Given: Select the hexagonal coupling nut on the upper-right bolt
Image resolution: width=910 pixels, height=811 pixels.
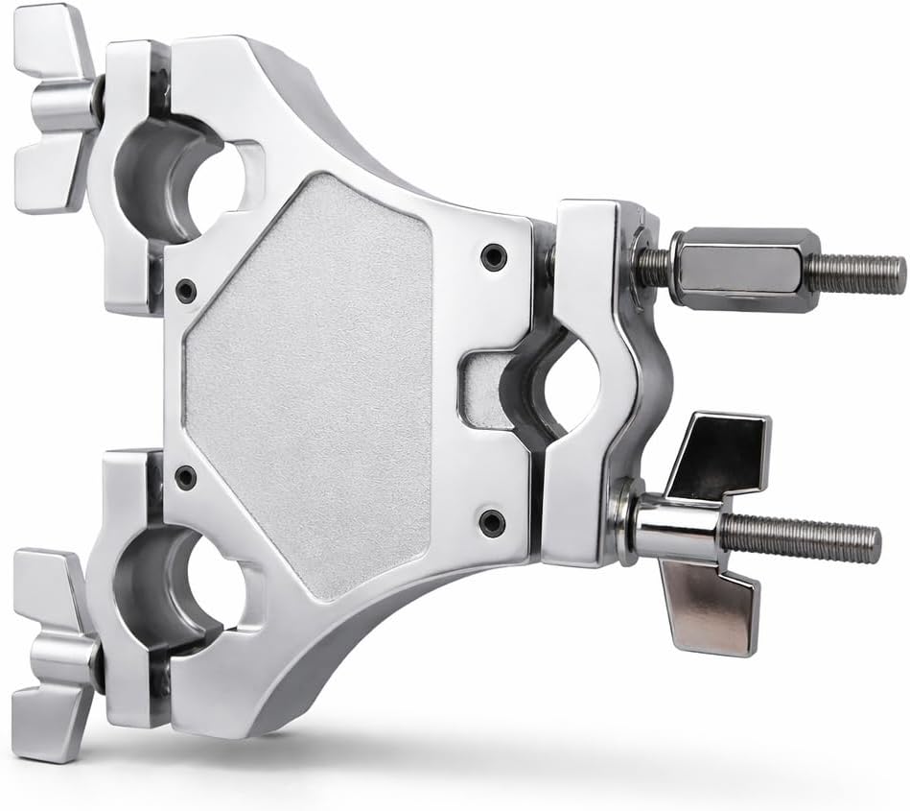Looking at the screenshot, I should coord(744,269).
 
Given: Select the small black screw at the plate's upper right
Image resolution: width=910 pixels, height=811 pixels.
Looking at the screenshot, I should coord(493,255).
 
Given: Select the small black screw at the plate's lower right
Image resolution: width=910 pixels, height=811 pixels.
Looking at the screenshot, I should coord(492,521).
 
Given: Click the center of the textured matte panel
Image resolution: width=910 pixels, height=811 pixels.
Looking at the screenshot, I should coord(316,384).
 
